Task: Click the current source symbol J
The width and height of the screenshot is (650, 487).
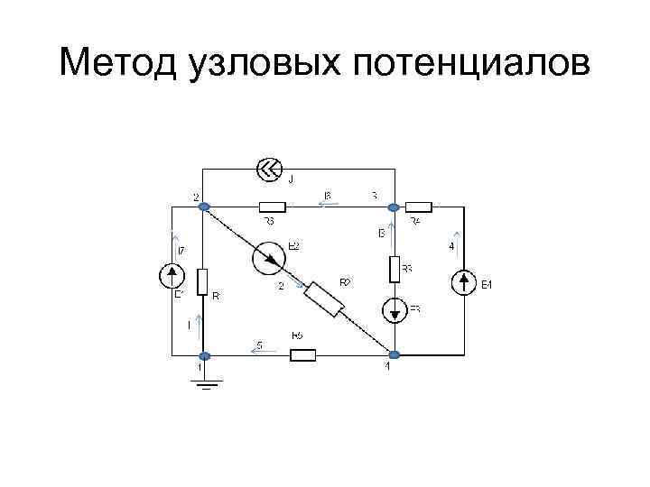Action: coord(269,169)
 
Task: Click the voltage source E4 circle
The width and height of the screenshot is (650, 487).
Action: coord(463,283)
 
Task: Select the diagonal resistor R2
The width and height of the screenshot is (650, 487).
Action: coord(324,299)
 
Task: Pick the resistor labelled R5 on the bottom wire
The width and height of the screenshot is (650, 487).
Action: coord(302,354)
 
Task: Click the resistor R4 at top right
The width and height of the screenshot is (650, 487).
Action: coord(419,207)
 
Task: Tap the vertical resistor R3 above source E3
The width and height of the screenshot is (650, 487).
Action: coord(395,269)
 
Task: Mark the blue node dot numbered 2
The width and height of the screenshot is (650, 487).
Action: coord(204,207)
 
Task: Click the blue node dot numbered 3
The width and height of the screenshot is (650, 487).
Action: coord(394,207)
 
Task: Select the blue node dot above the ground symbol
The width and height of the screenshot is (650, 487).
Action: coord(204,355)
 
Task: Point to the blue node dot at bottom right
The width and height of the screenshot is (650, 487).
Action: coord(395,355)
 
